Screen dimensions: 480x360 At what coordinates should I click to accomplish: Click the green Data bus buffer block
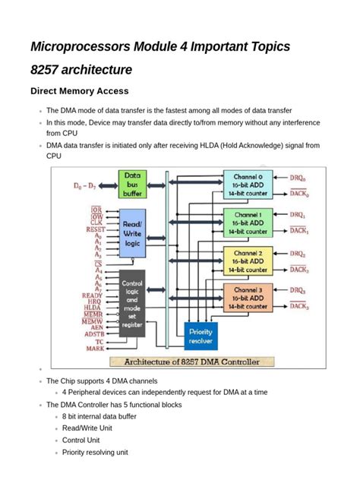(132, 184)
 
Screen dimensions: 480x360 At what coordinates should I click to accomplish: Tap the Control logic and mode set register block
(133, 302)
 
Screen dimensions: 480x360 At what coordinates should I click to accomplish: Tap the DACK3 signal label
(298, 307)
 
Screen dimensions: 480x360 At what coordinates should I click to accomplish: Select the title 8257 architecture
(81, 70)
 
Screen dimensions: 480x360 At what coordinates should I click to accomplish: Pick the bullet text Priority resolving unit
(95, 453)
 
